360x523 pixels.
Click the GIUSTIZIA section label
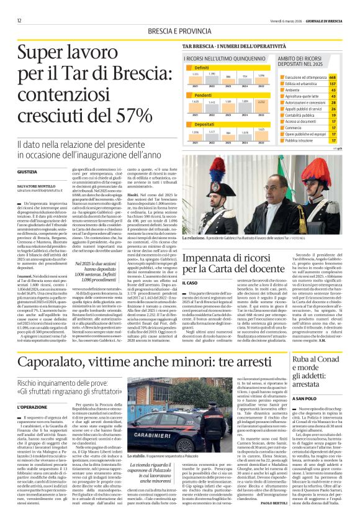click(28, 171)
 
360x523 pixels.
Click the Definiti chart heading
click(202, 66)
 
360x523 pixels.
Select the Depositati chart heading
click(204, 124)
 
